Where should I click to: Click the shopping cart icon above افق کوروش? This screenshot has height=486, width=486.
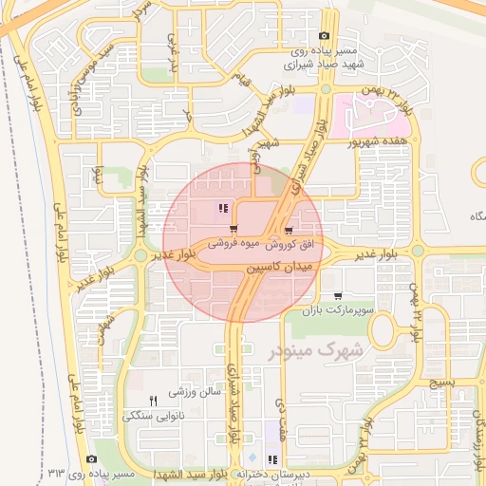[x=288, y=230]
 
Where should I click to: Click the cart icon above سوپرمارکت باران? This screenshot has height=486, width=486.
[x=339, y=296]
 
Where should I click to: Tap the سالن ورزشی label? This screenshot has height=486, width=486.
[x=195, y=390]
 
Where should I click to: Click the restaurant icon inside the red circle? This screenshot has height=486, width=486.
[x=222, y=209]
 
